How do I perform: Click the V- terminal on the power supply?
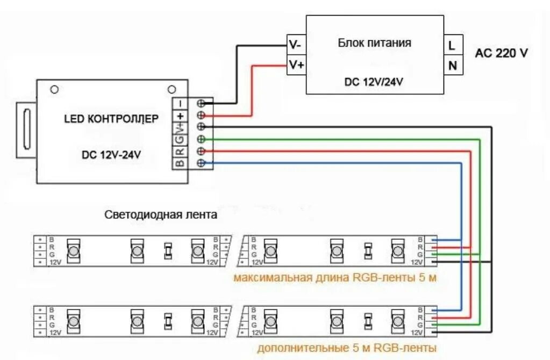coord(296,45)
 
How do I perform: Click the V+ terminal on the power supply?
coord(296,65)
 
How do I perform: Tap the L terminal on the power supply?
coord(452,46)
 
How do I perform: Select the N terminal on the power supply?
coord(452,66)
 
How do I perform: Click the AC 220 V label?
coord(501,53)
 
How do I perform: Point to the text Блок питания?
coord(375,42)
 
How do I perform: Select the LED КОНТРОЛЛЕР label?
coord(111,119)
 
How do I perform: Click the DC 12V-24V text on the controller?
coord(111,155)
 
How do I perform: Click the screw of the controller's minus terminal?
coord(202,103)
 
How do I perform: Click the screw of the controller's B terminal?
coord(202,163)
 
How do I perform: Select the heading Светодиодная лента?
coord(161,215)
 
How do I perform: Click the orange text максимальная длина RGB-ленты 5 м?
coord(334,278)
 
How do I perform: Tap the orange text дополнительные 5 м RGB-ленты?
coord(347,348)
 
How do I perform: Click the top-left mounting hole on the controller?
coord(54,89)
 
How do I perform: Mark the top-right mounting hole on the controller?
coord(172,89)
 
